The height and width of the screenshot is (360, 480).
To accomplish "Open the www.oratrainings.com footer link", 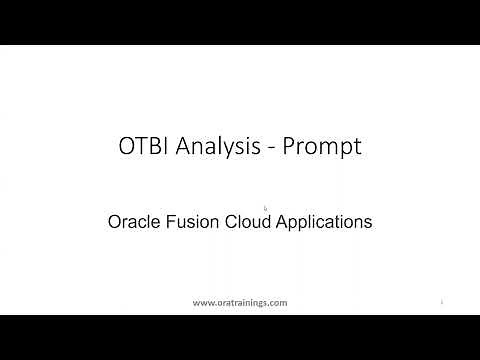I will pyautogui.click(x=239, y=302).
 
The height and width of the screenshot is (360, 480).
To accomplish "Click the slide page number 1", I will pyautogui.click(x=441, y=301).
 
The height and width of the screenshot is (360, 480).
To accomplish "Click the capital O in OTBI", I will pyautogui.click(x=125, y=148).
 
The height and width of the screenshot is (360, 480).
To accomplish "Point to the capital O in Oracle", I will pyautogui.click(x=113, y=222).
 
